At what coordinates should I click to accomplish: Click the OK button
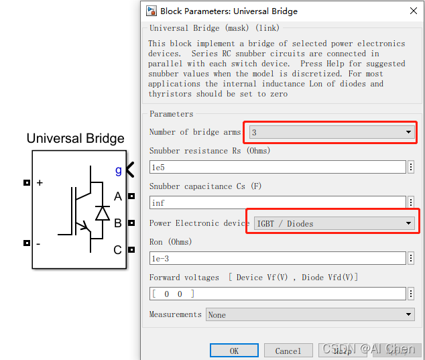[234, 351]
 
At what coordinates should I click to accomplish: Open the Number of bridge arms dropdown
[332, 132]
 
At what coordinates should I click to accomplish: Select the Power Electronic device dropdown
[334, 223]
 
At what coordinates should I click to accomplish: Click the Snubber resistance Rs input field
[278, 167]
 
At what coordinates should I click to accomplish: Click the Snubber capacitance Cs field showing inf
[278, 202]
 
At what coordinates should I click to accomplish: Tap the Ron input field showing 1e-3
[278, 258]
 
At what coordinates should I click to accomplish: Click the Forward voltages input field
[278, 294]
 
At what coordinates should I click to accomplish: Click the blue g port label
[119, 170]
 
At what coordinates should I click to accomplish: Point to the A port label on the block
[118, 196]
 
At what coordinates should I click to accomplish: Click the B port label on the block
[118, 223]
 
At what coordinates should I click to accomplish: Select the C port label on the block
[118, 250]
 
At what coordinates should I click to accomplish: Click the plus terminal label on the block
[40, 182]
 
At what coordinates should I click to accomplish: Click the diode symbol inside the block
[103, 213]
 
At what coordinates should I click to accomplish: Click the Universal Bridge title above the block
[75, 139]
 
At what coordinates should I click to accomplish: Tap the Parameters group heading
[171, 114]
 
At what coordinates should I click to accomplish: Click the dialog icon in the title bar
[151, 11]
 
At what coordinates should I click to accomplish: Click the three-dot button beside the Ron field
[411, 258]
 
